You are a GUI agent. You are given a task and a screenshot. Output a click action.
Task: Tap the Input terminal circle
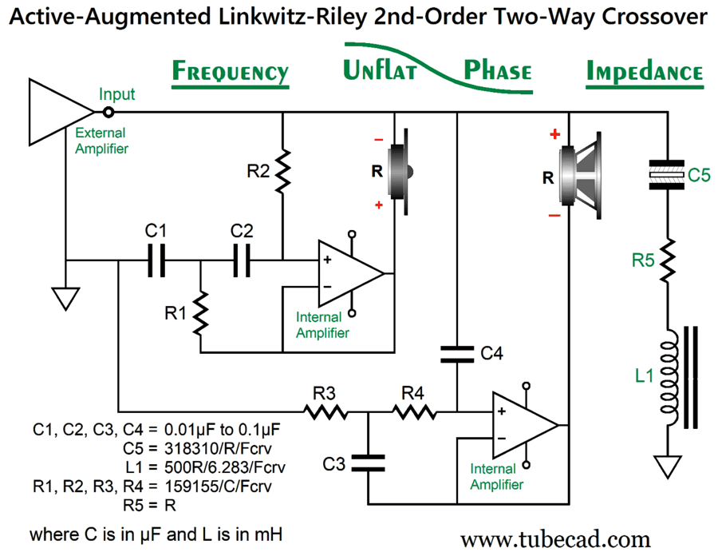108,113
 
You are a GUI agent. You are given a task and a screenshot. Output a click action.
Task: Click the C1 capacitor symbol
156,260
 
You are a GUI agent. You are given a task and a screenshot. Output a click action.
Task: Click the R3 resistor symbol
325,412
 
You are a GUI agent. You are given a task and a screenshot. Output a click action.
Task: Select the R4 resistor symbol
413,412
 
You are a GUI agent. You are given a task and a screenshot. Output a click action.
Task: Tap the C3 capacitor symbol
368,461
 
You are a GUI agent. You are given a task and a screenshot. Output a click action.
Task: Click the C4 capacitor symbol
457,352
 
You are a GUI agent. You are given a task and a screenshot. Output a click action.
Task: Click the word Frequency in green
230,73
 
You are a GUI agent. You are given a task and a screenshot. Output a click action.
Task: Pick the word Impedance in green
645,73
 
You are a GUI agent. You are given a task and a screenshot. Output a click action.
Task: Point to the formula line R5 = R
149,505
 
